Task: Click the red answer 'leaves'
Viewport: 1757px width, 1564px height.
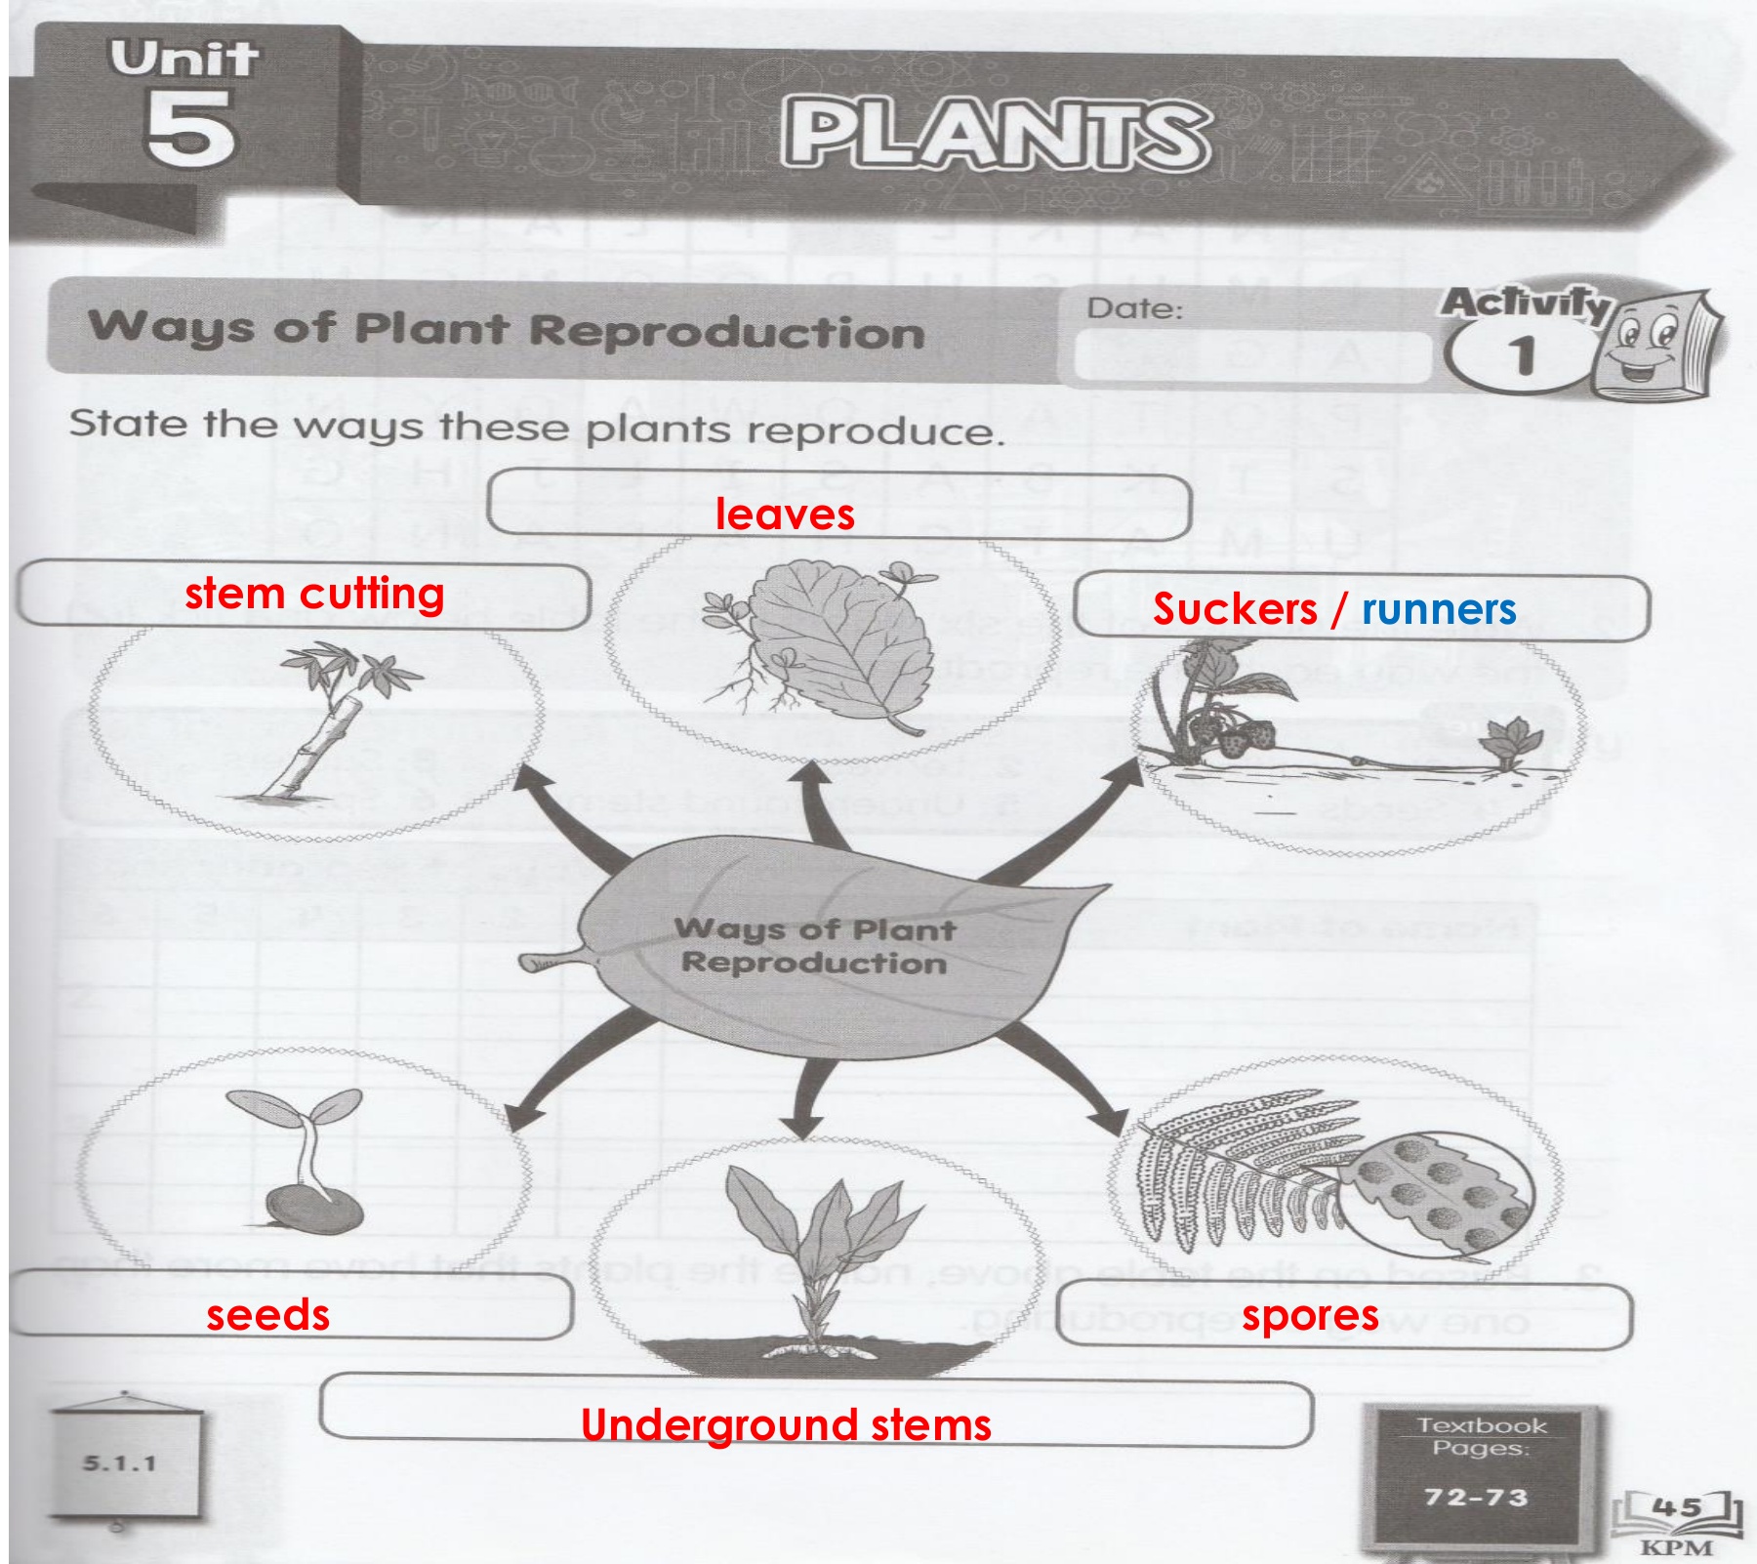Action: coord(785,514)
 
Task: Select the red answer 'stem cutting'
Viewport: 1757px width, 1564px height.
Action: coord(314,594)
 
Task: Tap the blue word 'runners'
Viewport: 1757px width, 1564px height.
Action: coord(1439,609)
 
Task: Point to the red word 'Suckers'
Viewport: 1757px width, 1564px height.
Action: coord(1235,609)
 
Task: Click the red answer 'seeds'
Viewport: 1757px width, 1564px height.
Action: coord(268,1315)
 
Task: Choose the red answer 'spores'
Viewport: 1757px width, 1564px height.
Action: coord(1310,1316)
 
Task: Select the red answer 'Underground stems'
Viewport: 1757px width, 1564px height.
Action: coord(786,1425)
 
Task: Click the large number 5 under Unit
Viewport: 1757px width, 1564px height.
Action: coord(190,129)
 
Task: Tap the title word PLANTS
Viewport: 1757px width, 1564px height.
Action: coord(996,136)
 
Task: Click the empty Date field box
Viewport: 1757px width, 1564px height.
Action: coord(1249,357)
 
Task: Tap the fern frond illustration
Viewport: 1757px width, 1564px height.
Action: coord(1230,1172)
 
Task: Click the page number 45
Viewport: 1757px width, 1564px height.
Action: coord(1677,1508)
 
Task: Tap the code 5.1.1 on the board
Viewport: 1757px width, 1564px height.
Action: coord(119,1463)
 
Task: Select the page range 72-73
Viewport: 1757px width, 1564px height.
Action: coord(1476,1497)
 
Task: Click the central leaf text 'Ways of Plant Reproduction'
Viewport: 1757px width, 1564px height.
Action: coord(815,945)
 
